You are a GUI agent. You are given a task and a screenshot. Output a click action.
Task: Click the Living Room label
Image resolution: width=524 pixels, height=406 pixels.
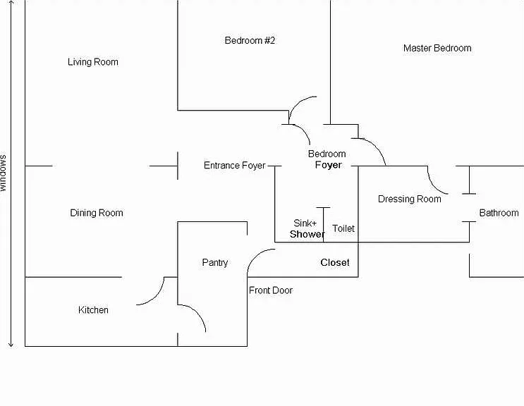93,62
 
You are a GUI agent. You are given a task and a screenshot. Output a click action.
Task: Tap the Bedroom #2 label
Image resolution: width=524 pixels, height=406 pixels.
250,40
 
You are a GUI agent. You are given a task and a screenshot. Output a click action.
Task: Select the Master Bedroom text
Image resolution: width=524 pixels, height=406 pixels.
437,48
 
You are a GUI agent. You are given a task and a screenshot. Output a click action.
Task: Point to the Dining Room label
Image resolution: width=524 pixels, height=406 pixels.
97,213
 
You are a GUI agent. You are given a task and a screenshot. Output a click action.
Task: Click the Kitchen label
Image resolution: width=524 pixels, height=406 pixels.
93,310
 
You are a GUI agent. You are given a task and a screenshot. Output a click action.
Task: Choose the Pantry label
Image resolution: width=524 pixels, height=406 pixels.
214,262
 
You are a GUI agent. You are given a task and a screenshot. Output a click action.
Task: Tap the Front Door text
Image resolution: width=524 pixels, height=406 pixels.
271,290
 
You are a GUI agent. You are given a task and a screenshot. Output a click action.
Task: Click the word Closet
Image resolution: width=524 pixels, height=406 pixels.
335,262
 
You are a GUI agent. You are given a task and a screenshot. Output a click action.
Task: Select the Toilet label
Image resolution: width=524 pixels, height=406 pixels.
343,228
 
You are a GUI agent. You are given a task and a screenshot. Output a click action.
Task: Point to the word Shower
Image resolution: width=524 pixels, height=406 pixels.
307,234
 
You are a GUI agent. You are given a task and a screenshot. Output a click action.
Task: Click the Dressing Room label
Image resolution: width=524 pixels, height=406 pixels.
409,199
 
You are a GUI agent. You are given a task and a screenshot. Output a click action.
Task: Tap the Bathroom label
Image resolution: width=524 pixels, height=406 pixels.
499,213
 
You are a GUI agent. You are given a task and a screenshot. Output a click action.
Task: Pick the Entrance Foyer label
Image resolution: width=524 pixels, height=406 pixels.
235,165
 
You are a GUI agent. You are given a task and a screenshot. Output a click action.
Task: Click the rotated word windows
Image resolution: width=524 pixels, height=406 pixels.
3,173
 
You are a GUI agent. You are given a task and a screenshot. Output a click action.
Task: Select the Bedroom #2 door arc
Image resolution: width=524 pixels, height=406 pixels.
298,103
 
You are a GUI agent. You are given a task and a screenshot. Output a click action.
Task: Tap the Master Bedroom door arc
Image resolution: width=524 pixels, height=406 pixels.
376,146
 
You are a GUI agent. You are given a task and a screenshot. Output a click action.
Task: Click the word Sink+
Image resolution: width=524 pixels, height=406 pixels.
305,223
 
